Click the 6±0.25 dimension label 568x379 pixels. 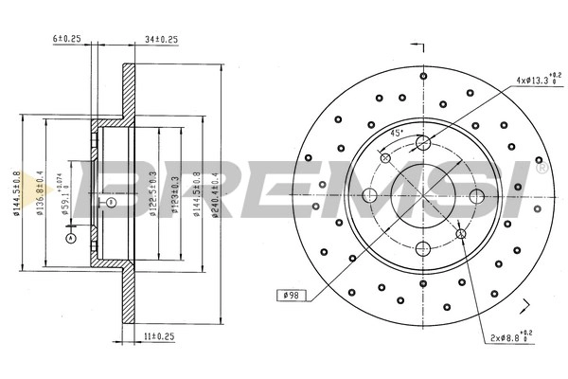(67, 39)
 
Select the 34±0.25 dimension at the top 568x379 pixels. (162, 39)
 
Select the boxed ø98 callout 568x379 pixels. (290, 296)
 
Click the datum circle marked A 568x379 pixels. (69, 239)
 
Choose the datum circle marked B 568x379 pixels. (110, 203)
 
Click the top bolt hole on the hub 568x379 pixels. (423, 143)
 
